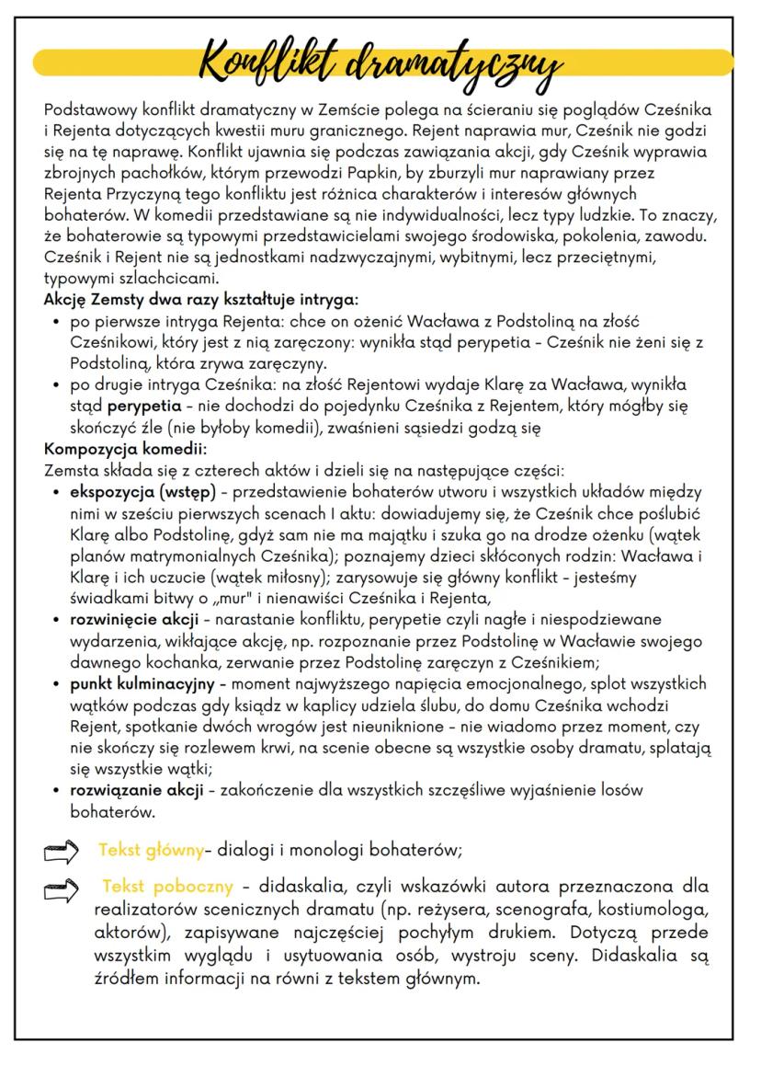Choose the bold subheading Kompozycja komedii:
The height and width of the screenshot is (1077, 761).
tap(125, 450)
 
